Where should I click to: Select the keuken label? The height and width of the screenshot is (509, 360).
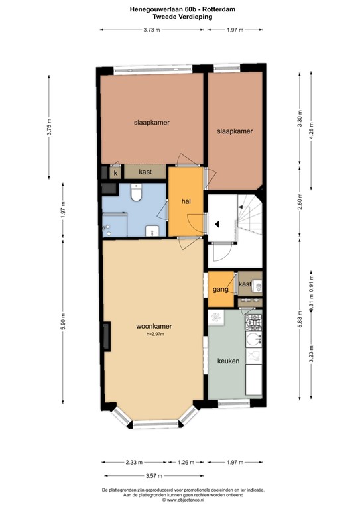228,361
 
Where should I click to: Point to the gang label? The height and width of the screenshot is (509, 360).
221,290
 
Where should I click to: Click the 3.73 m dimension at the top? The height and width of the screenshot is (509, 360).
151,30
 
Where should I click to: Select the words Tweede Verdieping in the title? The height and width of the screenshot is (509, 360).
180,17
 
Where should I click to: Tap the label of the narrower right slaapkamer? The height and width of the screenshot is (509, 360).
235,132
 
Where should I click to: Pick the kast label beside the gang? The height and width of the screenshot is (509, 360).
245,284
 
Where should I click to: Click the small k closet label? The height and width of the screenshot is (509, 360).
115,172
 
